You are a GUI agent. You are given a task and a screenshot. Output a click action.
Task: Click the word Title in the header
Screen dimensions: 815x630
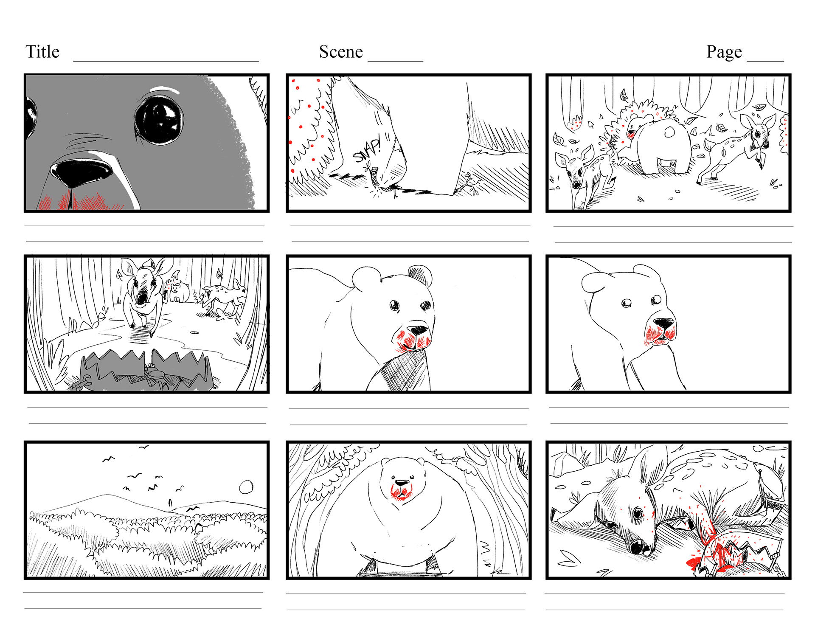(42, 52)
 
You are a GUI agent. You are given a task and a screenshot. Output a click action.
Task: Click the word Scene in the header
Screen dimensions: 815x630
(341, 52)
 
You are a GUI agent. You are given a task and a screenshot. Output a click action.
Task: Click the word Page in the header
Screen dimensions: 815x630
(724, 52)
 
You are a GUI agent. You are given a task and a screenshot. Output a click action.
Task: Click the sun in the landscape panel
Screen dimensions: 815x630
(246, 487)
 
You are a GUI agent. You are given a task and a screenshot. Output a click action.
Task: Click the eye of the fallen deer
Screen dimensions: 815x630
(638, 515)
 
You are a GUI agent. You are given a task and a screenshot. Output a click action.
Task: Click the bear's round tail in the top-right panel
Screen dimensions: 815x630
(669, 132)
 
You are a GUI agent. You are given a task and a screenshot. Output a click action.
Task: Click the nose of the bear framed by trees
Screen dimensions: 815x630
(402, 483)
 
